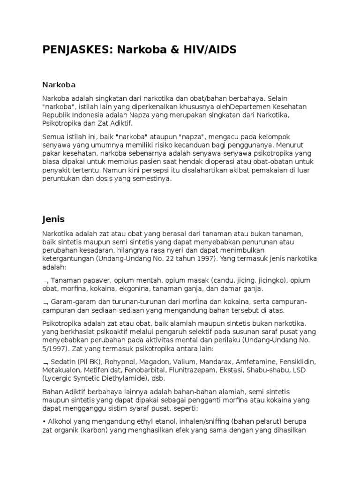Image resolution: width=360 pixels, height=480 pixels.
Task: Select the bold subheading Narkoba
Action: tap(59, 85)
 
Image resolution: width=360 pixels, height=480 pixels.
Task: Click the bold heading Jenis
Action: tap(53, 219)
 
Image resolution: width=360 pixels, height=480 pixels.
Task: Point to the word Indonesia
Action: tap(88, 115)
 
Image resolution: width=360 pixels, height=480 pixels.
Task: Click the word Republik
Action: tap(57, 115)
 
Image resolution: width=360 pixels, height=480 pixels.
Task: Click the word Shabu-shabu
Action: tap(266, 371)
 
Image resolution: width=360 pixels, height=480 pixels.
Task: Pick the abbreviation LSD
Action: tap(300, 371)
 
